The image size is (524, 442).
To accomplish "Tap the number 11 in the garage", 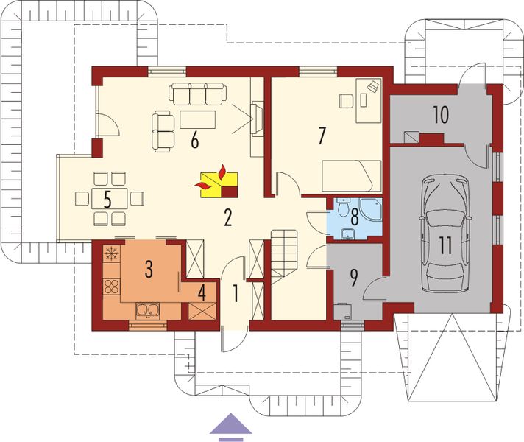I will coord(444,245).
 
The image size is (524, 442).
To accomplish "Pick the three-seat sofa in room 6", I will coord(199,94).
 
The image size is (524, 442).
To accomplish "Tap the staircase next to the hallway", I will coord(285,254).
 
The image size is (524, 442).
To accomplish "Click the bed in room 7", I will coord(351,176).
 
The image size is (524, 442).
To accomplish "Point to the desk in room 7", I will coord(368,99).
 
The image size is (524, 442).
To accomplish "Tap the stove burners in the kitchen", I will coord(112,286).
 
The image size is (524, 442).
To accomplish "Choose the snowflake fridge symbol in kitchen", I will coord(112,255).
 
